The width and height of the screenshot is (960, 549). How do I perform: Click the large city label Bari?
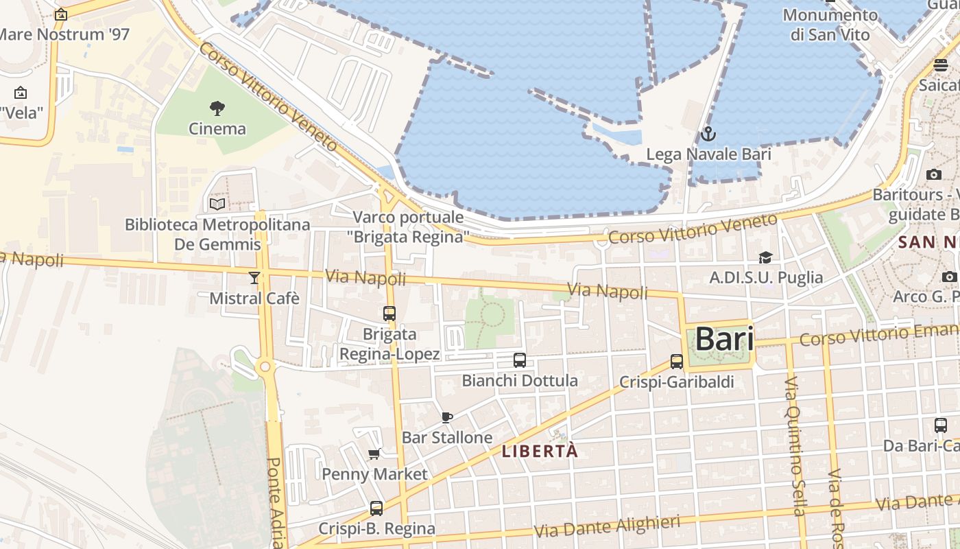724,339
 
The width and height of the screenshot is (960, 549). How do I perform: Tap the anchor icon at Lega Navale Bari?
708,134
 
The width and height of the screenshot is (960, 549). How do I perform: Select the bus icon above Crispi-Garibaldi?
677,362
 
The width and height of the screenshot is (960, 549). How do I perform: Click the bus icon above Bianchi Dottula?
520,360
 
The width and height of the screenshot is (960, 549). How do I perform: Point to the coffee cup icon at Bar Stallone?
447,417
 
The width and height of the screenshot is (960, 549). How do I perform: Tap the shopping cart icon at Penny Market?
374,454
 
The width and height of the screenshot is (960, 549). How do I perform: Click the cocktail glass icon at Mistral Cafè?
254,278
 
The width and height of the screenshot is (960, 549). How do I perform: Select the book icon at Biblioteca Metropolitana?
217,204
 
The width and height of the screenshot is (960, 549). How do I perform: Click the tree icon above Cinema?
217,108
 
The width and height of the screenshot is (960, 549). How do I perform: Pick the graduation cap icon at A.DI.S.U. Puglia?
765,257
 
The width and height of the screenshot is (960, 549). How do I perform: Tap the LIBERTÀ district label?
540,452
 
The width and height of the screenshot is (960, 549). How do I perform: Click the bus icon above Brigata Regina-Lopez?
389,314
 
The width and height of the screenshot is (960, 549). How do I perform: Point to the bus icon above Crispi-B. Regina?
376,509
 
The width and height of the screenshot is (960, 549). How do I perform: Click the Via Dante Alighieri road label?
607,526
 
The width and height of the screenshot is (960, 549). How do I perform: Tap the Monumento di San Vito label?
830,25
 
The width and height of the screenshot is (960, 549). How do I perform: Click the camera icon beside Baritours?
934,174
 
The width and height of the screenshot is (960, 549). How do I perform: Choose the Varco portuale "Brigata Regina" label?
409,227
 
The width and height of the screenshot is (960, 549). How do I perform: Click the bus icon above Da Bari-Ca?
941,425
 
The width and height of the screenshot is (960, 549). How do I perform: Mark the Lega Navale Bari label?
708,154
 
